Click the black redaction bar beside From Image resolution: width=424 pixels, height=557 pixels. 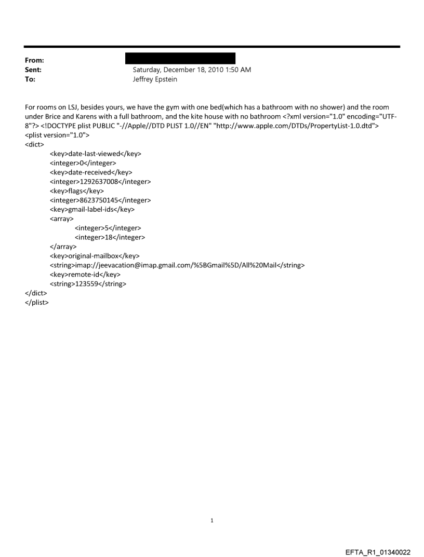point(177,58)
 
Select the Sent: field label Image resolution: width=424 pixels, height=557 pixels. point(34,70)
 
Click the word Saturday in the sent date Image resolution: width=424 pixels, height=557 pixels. point(149,70)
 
